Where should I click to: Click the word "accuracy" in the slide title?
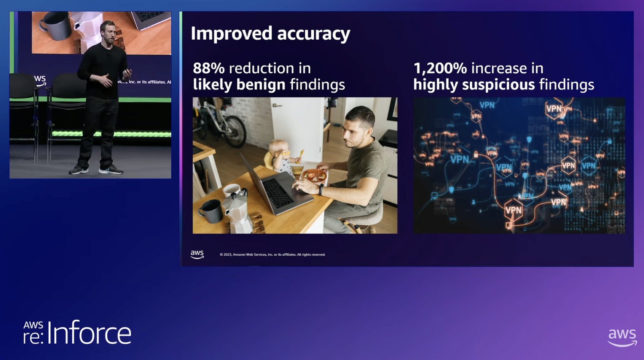(x=313, y=34)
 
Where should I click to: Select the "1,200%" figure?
(x=440, y=68)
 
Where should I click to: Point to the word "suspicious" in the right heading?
(x=498, y=84)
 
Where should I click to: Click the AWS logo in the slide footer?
(x=197, y=254)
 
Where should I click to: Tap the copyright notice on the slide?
(x=272, y=255)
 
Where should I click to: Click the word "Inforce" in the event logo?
(x=89, y=333)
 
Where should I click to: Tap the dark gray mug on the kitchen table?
(x=210, y=211)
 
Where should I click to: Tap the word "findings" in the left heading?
(x=317, y=84)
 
